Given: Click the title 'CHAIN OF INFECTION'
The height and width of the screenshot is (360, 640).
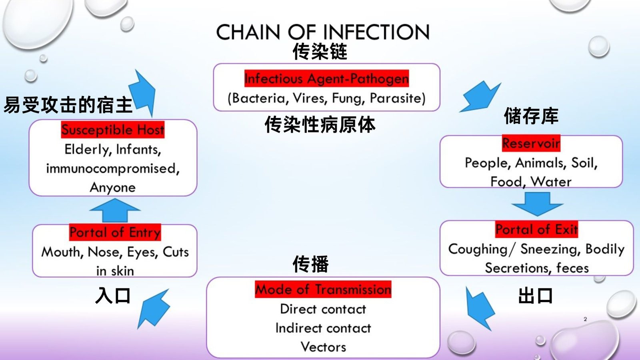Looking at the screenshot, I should [x=322, y=32].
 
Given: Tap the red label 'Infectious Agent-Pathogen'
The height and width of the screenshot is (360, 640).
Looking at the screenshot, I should [x=326, y=78].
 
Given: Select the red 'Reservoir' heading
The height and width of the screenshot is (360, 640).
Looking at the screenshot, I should [x=531, y=143].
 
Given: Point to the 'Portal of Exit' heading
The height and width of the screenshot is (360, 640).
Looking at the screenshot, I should [x=536, y=229].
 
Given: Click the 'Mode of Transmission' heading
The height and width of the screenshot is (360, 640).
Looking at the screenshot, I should [x=323, y=289].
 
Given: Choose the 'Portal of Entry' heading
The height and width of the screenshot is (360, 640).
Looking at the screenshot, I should [x=115, y=232].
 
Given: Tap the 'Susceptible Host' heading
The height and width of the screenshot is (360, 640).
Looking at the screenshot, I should [x=112, y=130].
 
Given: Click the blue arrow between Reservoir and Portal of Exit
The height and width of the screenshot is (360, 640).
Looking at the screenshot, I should [x=537, y=203].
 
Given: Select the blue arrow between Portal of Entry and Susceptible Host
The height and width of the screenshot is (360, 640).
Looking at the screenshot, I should [x=115, y=210].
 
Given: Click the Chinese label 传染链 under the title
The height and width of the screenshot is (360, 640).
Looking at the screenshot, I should [x=320, y=52].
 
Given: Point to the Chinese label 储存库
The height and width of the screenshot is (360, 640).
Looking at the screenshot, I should [x=531, y=116].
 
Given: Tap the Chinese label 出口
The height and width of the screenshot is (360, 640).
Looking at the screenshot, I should [x=535, y=296].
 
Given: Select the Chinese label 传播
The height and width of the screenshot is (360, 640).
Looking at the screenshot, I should [x=310, y=264].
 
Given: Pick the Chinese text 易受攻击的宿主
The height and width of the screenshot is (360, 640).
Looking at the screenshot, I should [x=68, y=105].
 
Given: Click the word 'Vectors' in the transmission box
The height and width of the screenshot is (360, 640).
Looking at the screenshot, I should [x=323, y=347].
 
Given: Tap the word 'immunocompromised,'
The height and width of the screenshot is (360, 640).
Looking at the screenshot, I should [x=113, y=168].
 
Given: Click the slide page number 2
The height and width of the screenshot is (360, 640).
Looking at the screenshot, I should [x=585, y=319].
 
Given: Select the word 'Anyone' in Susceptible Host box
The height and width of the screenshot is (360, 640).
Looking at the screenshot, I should [x=113, y=187].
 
